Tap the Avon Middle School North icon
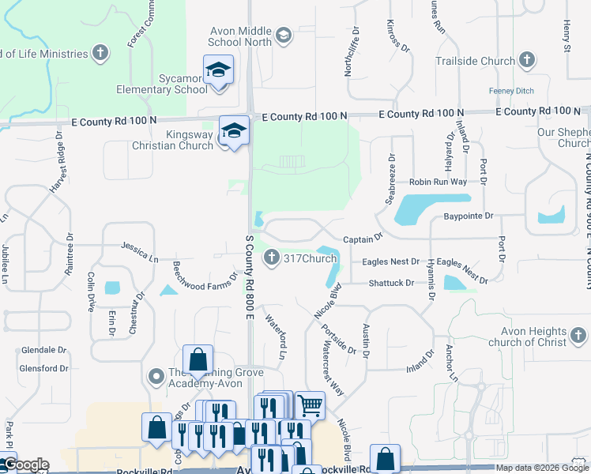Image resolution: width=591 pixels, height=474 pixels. (284, 35)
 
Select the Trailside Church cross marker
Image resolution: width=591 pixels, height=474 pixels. (528, 60)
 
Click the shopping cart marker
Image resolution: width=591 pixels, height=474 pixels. (310, 406)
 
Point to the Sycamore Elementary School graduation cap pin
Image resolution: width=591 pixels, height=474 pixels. (219, 71)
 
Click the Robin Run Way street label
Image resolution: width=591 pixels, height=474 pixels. (438, 182)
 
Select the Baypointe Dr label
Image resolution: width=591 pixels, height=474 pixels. (468, 216)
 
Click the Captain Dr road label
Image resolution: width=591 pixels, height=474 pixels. (363, 237)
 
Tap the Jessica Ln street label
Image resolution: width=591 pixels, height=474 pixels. (140, 252)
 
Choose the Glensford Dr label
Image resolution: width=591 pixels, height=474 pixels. (44, 368)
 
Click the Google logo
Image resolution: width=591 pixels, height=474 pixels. (25, 465)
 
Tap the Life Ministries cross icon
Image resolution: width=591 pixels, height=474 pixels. (100, 54)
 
